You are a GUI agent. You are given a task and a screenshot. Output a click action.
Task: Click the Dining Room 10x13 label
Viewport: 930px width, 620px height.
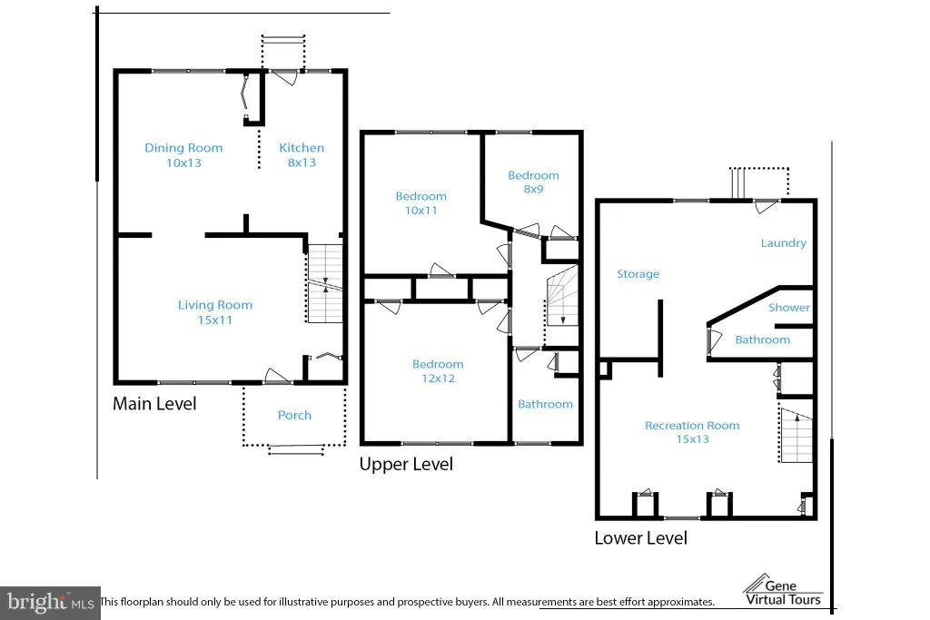[x=183, y=155]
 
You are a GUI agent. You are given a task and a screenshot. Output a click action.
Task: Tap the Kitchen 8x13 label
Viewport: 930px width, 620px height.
[x=302, y=155]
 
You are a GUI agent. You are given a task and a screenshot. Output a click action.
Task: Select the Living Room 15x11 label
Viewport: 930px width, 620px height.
[x=215, y=312]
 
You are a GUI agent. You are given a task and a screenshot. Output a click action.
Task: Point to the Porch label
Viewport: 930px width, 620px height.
[x=295, y=415]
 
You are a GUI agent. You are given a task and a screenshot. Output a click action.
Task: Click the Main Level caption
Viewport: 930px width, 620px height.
[x=154, y=404]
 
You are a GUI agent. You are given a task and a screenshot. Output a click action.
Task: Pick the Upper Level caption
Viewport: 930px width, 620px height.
[x=406, y=464]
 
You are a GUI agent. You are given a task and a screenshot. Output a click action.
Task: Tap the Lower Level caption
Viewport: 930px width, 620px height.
[x=641, y=538]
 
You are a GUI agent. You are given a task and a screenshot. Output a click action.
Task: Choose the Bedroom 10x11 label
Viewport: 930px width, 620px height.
[x=421, y=203]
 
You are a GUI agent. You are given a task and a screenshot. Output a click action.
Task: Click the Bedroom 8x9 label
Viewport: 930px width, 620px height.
[x=533, y=182]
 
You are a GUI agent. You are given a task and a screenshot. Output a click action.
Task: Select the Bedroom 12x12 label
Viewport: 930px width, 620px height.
[x=439, y=371]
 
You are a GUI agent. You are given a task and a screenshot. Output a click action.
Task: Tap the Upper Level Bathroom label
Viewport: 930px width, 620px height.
[x=545, y=404]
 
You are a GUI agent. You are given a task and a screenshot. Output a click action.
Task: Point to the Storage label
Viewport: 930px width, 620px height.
[x=638, y=274]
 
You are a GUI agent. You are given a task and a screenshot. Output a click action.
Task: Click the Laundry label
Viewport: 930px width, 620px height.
[x=784, y=243]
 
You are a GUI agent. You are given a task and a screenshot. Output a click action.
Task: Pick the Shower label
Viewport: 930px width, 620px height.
[x=789, y=308]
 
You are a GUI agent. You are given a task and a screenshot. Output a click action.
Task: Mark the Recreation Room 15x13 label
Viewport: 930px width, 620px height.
[x=692, y=432]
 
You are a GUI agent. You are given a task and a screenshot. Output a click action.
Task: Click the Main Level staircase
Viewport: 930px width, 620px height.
[x=325, y=284]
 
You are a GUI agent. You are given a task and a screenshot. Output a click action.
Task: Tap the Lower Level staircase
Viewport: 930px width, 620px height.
[x=796, y=436]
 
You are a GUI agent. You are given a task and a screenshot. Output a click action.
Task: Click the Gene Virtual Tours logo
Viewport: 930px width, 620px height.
[x=783, y=590]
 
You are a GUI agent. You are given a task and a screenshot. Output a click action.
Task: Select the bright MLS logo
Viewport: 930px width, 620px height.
[x=51, y=603]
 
